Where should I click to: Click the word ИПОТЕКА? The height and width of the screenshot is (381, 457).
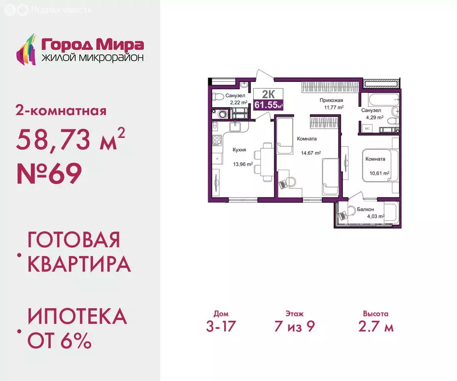[x=77, y=316]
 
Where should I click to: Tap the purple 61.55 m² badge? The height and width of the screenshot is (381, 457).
[x=268, y=104]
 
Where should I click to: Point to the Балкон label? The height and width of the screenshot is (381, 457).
[x=365, y=209]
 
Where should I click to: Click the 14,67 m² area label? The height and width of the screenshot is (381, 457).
[x=310, y=153]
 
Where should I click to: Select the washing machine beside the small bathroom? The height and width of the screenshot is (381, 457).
[x=223, y=114]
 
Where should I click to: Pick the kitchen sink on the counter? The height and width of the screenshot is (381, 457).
[x=236, y=127]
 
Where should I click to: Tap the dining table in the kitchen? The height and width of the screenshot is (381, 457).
[x=266, y=159]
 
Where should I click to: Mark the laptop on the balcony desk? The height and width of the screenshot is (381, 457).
[x=343, y=215]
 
